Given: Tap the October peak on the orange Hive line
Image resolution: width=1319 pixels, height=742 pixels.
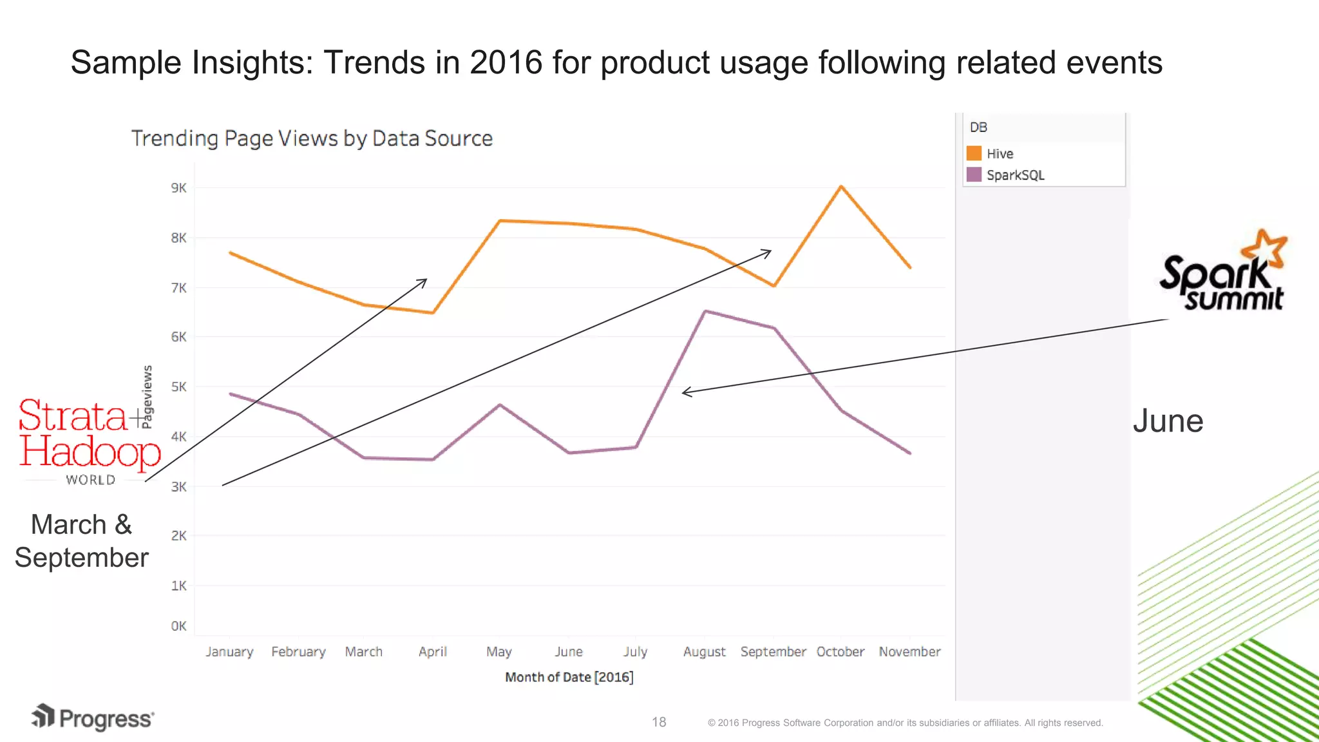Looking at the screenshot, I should pyautogui.click(x=841, y=187).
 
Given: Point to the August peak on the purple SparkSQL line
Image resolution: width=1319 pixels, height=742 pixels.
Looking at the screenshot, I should pyautogui.click(x=706, y=312).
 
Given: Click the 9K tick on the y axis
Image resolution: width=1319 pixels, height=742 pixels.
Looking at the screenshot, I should pyautogui.click(x=178, y=188).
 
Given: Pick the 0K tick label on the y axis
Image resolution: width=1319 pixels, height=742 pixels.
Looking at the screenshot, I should pyautogui.click(x=178, y=626).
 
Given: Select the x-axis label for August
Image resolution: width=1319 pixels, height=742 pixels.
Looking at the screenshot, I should pyautogui.click(x=704, y=652).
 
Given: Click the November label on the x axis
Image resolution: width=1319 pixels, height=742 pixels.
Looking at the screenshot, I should pyautogui.click(x=909, y=652).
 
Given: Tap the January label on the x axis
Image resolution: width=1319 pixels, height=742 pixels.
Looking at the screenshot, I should pyautogui.click(x=229, y=652).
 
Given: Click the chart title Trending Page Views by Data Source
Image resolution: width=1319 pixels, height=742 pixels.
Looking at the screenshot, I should pyautogui.click(x=312, y=138).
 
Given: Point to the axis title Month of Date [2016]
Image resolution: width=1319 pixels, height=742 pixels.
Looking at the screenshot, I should pyautogui.click(x=569, y=677).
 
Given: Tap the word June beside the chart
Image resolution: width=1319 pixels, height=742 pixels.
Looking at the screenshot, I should pyautogui.click(x=1168, y=421).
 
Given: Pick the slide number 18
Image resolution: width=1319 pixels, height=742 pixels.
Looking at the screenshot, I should pyautogui.click(x=659, y=722).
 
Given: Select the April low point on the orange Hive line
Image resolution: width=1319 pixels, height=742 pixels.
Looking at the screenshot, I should pyautogui.click(x=433, y=313).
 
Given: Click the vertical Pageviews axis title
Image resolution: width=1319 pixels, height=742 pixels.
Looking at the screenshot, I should pyautogui.click(x=147, y=397).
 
